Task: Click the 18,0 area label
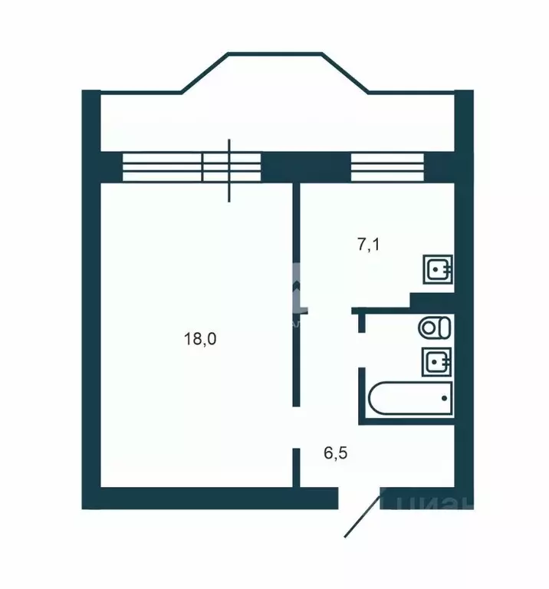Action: (201, 338)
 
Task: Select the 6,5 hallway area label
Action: (336, 453)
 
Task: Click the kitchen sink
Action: (439, 269)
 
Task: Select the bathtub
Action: (410, 399)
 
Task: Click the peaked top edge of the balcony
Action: (275, 54)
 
